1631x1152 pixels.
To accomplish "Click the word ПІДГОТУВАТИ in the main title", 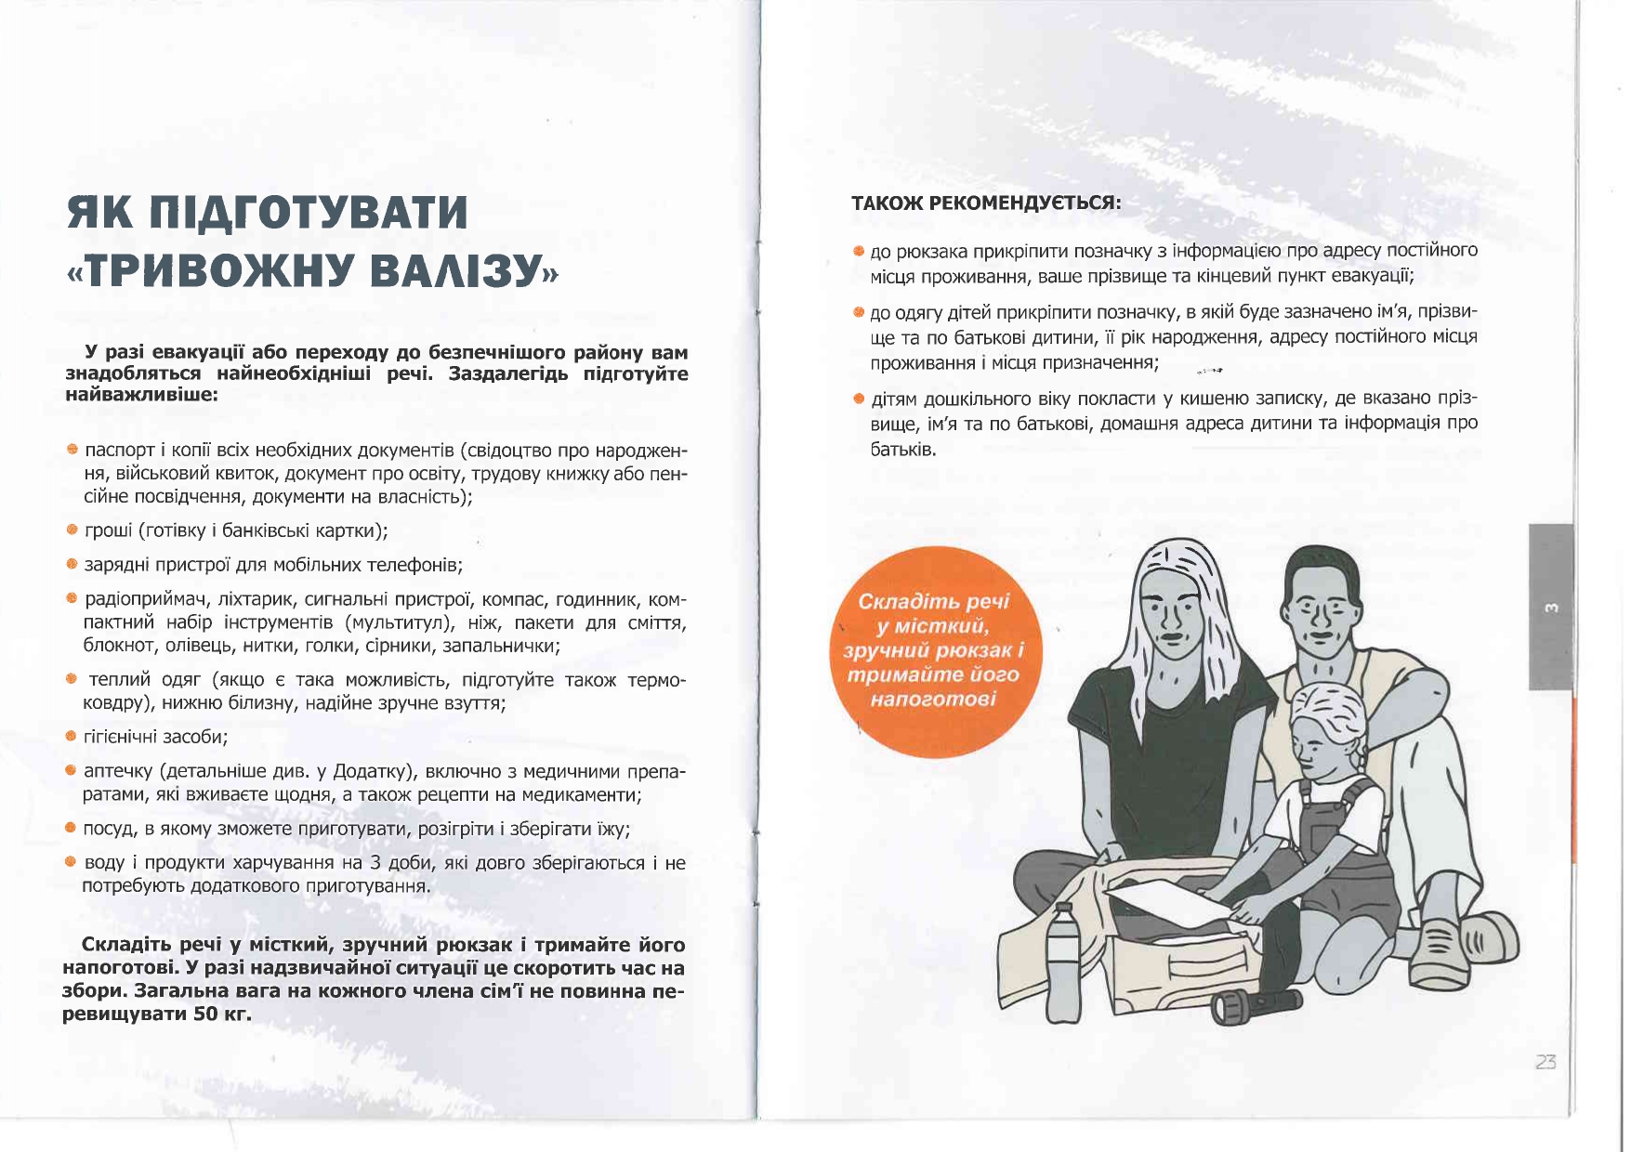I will (x=308, y=213).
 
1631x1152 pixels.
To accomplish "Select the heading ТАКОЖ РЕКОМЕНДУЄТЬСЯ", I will (x=986, y=203).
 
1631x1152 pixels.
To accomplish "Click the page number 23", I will (x=1546, y=1062).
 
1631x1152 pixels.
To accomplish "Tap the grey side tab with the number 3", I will (x=1550, y=607).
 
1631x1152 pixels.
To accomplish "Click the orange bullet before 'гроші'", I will (x=72, y=530).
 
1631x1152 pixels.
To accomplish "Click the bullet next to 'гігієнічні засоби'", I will (x=72, y=737).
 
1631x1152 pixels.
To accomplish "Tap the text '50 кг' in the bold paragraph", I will (x=223, y=1014).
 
